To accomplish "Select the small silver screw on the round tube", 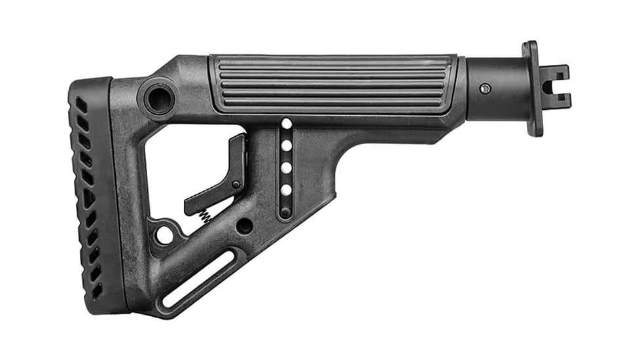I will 484,88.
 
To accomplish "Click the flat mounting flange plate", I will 532,88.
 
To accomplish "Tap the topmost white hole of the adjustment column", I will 286,124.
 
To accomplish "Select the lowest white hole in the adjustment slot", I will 286,190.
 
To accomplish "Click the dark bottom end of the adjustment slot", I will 286,212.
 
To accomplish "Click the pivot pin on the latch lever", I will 236,185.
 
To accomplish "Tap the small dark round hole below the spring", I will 245,226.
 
